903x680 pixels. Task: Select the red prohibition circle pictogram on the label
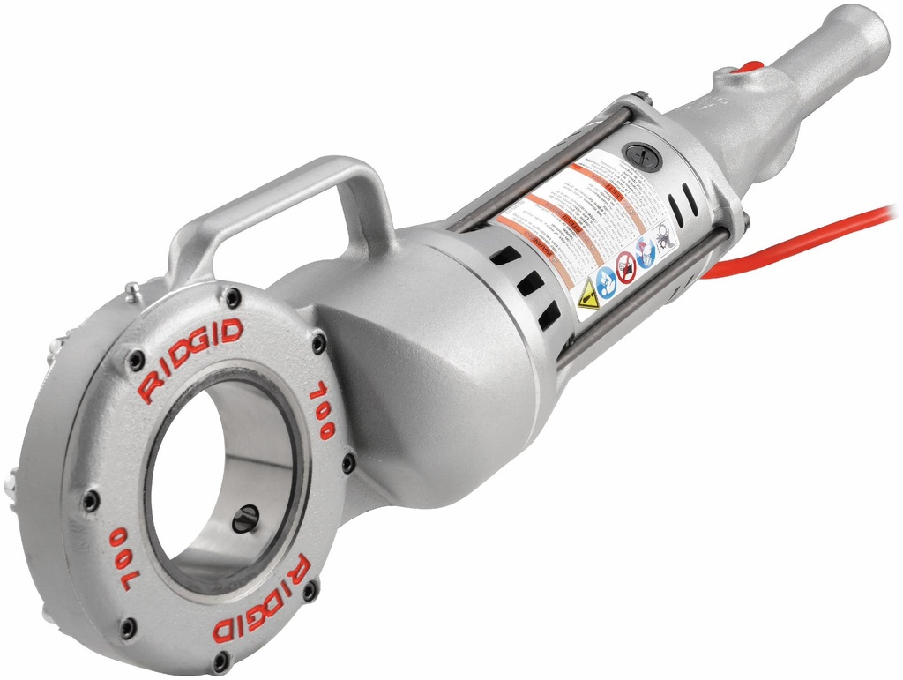pyautogui.click(x=626, y=266)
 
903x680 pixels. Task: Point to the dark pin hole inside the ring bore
pyautogui.click(x=247, y=518)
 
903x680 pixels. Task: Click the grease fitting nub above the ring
pyautogui.click(x=131, y=292)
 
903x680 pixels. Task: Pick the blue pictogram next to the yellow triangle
pyautogui.click(x=606, y=282)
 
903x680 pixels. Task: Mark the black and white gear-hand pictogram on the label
pyautogui.click(x=662, y=235)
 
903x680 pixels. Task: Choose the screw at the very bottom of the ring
pyautogui.click(x=220, y=660)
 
